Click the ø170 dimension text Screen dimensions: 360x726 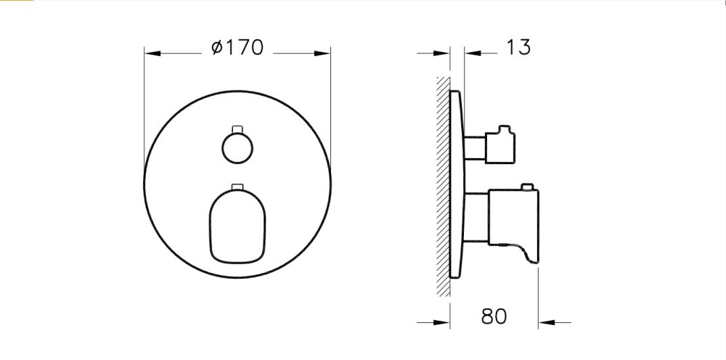click(237, 49)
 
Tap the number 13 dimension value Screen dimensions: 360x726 click(518, 48)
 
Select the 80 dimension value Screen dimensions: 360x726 click(494, 316)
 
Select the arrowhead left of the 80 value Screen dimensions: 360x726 click(445, 322)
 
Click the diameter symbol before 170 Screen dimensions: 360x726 click(216, 49)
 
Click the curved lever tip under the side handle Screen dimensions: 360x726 click(530, 253)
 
